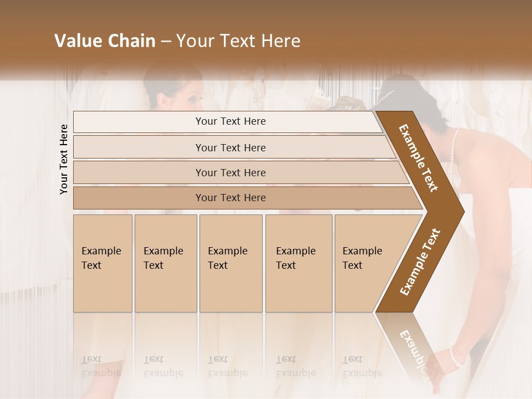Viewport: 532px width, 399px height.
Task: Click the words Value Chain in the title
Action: (105, 41)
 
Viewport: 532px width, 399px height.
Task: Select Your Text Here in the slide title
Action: (238, 41)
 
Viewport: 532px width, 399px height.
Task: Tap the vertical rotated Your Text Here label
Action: (64, 159)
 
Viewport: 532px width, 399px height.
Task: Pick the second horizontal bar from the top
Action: (230, 147)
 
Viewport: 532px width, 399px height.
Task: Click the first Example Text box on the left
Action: (103, 263)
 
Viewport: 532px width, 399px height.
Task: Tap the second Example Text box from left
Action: (165, 263)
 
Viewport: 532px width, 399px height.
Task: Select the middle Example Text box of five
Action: (231, 263)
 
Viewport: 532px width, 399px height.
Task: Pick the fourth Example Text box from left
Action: (298, 263)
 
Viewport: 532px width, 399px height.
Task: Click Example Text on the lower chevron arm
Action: (420, 262)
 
